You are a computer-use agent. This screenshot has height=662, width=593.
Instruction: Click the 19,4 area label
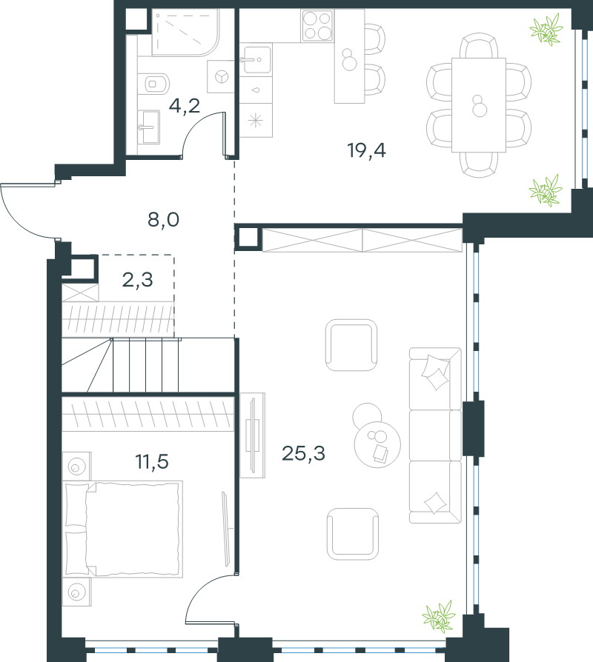click(366, 150)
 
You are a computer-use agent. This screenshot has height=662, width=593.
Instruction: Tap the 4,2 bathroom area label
click(185, 106)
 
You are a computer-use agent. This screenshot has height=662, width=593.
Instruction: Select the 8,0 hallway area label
click(163, 219)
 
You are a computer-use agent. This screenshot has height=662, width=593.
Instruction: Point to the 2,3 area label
click(137, 279)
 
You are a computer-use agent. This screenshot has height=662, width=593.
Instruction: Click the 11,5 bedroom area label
click(152, 461)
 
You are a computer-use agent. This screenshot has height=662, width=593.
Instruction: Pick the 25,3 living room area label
click(303, 453)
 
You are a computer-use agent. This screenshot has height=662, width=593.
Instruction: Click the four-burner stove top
click(317, 26)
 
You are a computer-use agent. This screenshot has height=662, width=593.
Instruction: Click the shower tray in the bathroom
click(185, 32)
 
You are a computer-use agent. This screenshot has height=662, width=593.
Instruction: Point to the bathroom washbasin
click(149, 127)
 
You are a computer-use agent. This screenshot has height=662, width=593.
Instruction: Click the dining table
click(479, 105)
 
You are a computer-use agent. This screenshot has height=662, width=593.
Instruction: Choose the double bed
click(122, 529)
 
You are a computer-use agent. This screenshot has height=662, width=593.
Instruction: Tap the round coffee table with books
click(377, 444)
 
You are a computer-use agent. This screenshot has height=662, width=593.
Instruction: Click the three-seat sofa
click(435, 435)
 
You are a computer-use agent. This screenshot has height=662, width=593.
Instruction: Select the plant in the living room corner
click(439, 616)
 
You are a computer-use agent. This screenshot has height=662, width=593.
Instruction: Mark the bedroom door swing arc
click(198, 591)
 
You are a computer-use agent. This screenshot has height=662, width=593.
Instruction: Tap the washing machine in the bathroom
click(221, 76)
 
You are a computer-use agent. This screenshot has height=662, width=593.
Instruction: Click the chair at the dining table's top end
click(478, 46)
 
